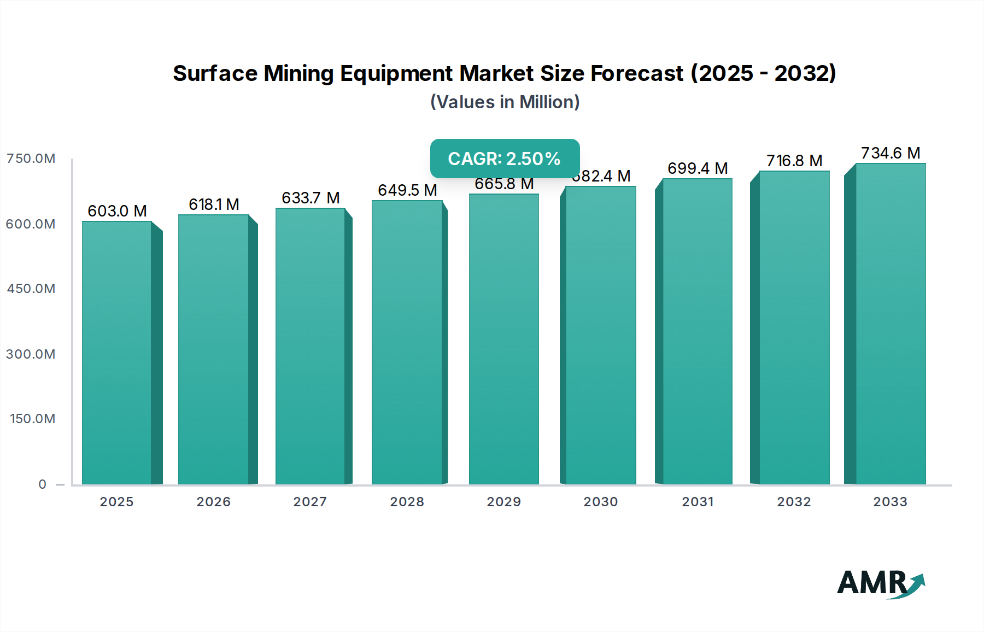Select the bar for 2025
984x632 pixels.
tap(117, 353)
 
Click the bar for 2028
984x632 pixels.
tap(407, 342)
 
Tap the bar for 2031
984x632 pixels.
tap(697, 331)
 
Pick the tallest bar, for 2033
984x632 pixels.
tap(890, 324)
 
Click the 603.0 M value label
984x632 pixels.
tap(117, 211)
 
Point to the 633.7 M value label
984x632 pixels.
tap(311, 198)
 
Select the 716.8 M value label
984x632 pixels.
tap(794, 161)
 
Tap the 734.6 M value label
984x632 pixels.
tap(890, 153)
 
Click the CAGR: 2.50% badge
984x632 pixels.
tap(505, 159)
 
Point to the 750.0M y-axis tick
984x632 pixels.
tap(31, 159)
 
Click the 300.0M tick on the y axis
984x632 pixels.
tap(31, 354)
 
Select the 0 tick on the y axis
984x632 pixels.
tap(43, 484)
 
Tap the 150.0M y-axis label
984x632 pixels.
tap(33, 419)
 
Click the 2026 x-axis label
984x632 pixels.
tap(214, 502)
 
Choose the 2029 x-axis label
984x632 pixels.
tap(504, 502)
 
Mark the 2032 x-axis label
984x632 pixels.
tap(794, 502)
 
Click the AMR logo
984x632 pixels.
tap(880, 583)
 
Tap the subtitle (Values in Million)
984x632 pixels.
tap(505, 102)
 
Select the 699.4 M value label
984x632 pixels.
tap(697, 168)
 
